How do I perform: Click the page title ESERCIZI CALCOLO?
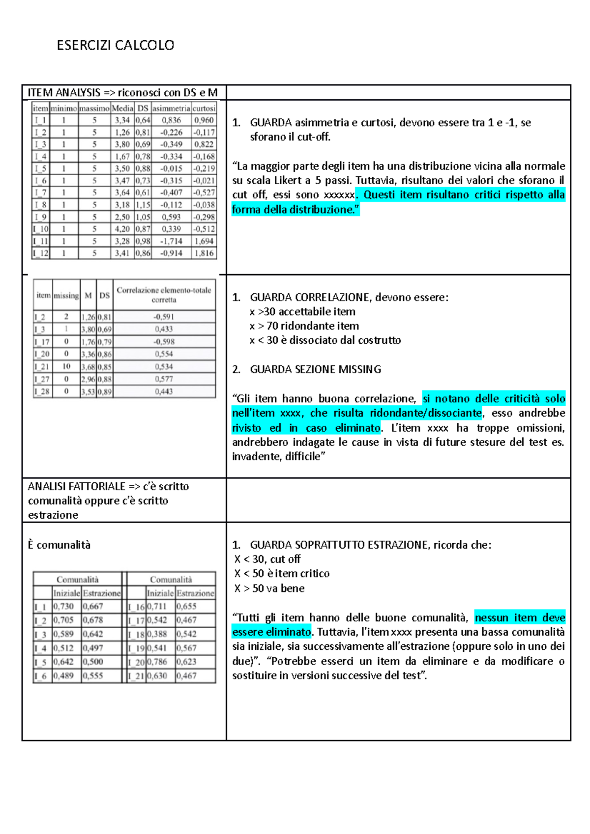115,45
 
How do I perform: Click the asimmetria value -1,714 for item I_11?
171,241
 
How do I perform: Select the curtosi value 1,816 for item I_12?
204,253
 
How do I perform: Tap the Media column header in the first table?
122,108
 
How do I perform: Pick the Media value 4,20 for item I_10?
122,229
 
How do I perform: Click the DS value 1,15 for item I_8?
143,205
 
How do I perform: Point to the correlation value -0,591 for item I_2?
164,317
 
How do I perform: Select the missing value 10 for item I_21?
66,366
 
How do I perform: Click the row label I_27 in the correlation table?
42,379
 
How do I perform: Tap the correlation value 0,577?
164,379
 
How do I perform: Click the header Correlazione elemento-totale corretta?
164,295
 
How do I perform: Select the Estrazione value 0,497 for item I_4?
93,648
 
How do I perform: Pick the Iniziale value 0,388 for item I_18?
157,634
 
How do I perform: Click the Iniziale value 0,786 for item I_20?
157,662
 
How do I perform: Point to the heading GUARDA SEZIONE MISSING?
315,369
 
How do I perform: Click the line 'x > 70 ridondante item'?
304,326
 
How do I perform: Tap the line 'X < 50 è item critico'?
282,574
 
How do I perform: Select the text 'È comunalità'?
59,545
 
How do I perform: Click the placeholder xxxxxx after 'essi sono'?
339,195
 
